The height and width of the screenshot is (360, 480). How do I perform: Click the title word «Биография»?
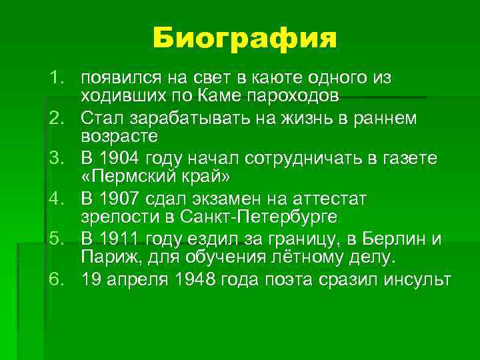pos(244,39)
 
